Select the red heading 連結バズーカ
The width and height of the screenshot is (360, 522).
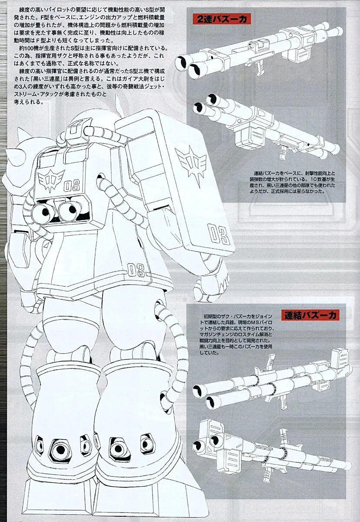coord(309,315)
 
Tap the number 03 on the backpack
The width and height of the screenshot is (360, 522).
coord(72,187)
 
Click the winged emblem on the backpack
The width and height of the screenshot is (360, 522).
coord(51,179)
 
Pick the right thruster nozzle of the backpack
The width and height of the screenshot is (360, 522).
coord(67,211)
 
